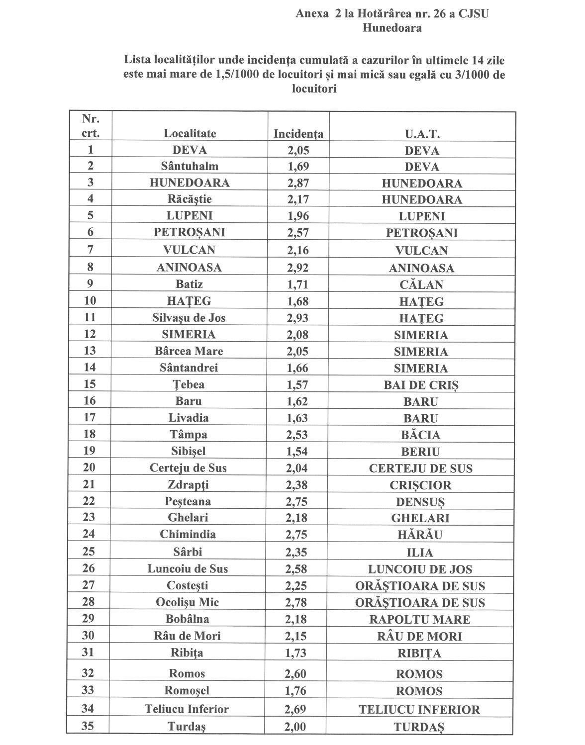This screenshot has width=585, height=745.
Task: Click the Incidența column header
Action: tap(298, 134)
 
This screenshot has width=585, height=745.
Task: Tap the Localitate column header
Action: tap(190, 134)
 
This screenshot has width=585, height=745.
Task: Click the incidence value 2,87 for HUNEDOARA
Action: tap(297, 183)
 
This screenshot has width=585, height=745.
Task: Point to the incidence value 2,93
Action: tap(297, 318)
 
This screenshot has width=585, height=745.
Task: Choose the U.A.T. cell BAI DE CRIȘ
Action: tap(421, 385)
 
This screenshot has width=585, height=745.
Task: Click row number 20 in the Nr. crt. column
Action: tap(90, 467)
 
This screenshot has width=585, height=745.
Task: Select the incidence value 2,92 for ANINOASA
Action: tap(297, 268)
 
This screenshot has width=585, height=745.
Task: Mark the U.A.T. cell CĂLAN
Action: tap(421, 285)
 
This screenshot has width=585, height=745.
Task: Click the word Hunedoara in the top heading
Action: tap(391, 28)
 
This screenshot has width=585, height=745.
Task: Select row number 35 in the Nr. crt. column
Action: tap(89, 725)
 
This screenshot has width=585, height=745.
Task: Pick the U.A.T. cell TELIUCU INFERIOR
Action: tap(419, 710)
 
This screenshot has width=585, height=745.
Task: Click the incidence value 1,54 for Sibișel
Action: tap(297, 452)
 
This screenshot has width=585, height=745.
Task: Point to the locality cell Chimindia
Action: tap(188, 535)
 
